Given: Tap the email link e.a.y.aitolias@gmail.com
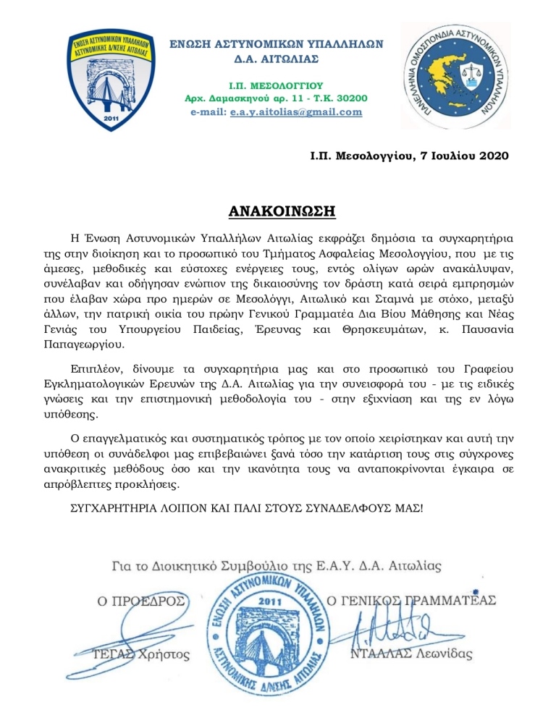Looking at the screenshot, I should (302, 112).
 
